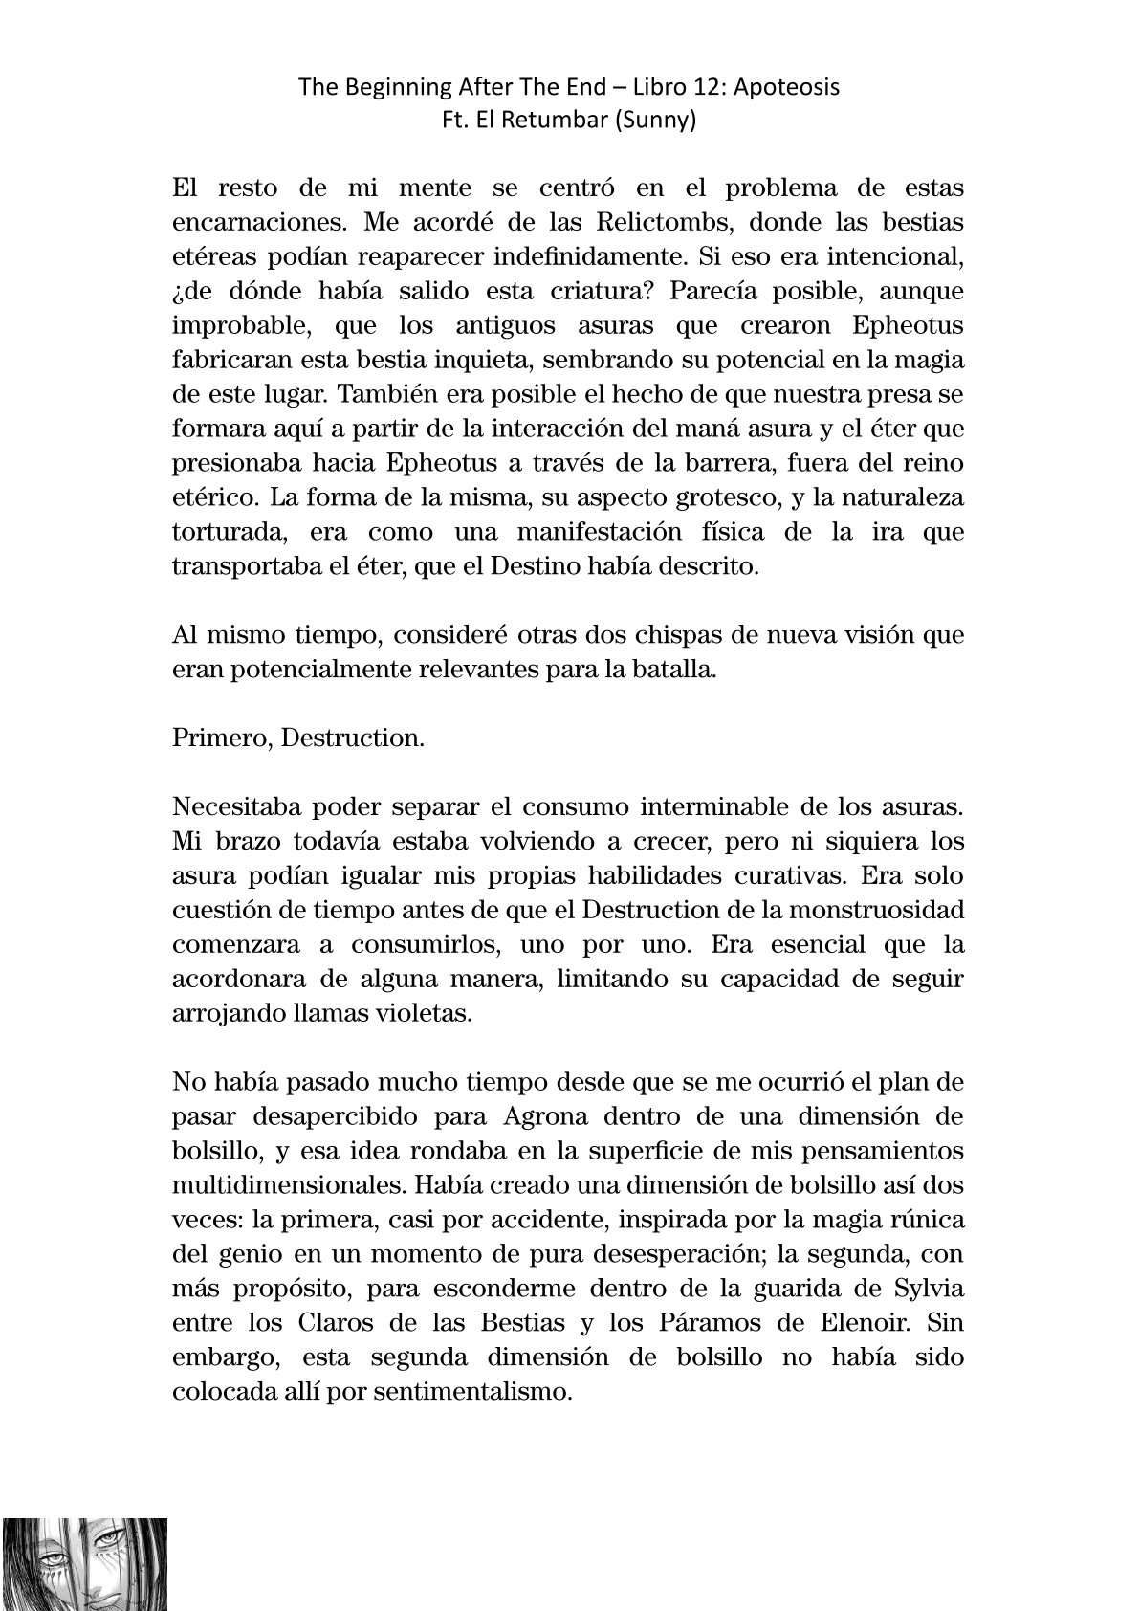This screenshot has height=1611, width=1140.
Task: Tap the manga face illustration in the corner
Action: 85,1562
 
